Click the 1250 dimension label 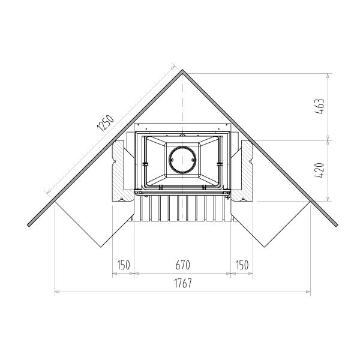[105, 123]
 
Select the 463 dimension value [320, 106]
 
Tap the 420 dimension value [320, 170]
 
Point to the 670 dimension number [183, 265]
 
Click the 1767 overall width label [183, 283]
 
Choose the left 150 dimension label [124, 265]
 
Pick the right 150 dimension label [242, 265]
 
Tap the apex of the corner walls [182, 70]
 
